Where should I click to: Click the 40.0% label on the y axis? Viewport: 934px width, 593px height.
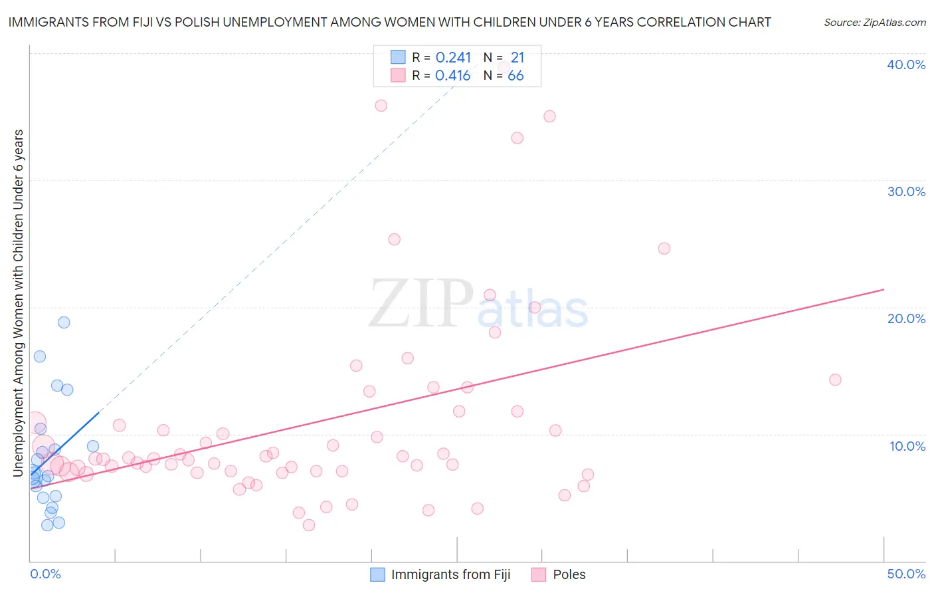906,64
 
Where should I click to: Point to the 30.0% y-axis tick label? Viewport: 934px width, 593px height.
906,191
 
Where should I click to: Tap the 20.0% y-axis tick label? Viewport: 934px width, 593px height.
906,318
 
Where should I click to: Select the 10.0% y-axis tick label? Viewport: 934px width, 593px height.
907,446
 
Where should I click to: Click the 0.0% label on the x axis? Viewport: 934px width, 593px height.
45,574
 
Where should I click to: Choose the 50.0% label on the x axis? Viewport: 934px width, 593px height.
906,574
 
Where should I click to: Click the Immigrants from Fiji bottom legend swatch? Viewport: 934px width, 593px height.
377,574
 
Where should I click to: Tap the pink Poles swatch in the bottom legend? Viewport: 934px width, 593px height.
539,574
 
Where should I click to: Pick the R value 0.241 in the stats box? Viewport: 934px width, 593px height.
453,58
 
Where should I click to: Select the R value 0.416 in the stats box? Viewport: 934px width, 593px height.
452,76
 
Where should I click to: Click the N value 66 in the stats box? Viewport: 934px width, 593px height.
515,76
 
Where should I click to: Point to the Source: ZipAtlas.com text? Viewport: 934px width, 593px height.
874,23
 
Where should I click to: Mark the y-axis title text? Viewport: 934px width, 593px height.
18,303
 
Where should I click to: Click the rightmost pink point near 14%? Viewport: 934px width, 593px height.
835,380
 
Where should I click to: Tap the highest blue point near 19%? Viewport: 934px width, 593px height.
64,322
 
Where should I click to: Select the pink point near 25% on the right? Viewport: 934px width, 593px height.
664,249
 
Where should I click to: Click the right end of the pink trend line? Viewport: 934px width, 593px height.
884,289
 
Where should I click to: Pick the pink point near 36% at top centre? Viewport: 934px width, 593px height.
381,106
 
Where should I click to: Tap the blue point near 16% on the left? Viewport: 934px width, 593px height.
40,356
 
